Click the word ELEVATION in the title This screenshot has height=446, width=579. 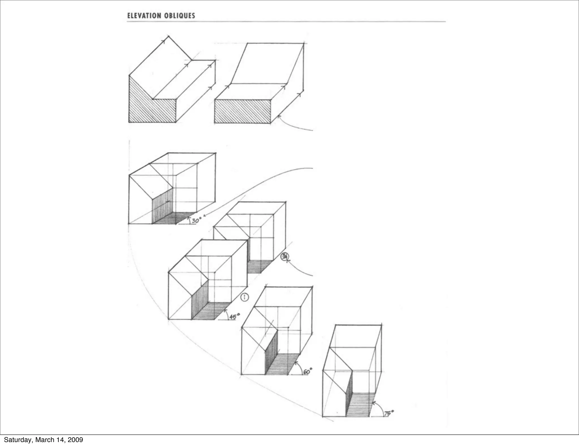144,16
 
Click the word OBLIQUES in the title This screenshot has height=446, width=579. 179,16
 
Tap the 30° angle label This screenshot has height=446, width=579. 196,220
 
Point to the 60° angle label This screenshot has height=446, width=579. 308,371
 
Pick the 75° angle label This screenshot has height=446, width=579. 389,413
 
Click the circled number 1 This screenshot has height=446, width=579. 245,297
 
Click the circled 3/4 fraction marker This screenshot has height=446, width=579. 284,257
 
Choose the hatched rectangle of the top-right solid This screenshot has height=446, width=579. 242,111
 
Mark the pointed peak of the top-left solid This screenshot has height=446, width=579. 169,36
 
